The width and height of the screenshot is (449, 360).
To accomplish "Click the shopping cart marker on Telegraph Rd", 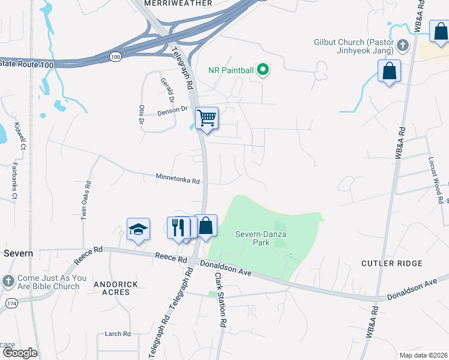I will click(206, 118).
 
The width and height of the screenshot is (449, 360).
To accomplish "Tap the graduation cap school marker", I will click(137, 229).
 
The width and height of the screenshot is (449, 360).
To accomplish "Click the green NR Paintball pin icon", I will click(262, 70).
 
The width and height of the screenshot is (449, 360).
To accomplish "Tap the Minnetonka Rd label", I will click(177, 178).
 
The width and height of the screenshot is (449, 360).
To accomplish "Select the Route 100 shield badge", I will click(115, 56).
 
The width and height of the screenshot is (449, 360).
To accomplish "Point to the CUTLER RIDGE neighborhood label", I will click(392, 263).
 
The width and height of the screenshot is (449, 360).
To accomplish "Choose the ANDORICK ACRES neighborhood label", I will click(112, 288).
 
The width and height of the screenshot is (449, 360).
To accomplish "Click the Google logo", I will click(19, 353).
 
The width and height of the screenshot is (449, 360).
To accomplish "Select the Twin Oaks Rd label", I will click(86, 200).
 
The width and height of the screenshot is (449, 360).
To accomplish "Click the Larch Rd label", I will click(118, 334).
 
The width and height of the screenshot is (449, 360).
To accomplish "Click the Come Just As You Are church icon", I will click(8, 280).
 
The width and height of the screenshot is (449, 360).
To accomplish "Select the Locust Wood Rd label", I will click(435, 181).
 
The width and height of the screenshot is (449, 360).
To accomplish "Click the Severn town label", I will click(19, 253).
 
